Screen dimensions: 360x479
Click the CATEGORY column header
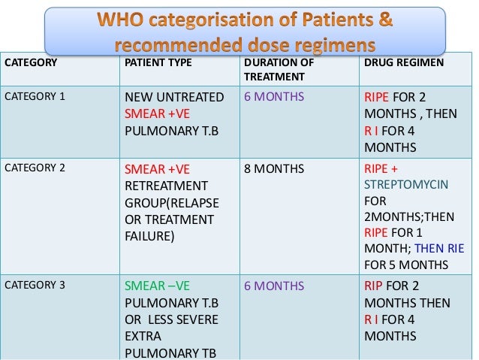click(x=32, y=62)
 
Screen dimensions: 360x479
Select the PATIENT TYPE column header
click(x=158, y=62)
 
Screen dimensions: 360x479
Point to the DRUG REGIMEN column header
click(x=404, y=62)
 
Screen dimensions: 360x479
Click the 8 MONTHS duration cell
click(x=275, y=168)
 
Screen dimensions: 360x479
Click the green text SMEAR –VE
click(x=158, y=286)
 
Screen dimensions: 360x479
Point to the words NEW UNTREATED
click(x=174, y=98)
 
